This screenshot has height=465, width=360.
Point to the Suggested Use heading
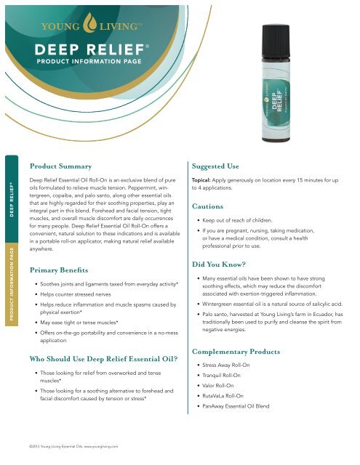[x=221, y=166]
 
